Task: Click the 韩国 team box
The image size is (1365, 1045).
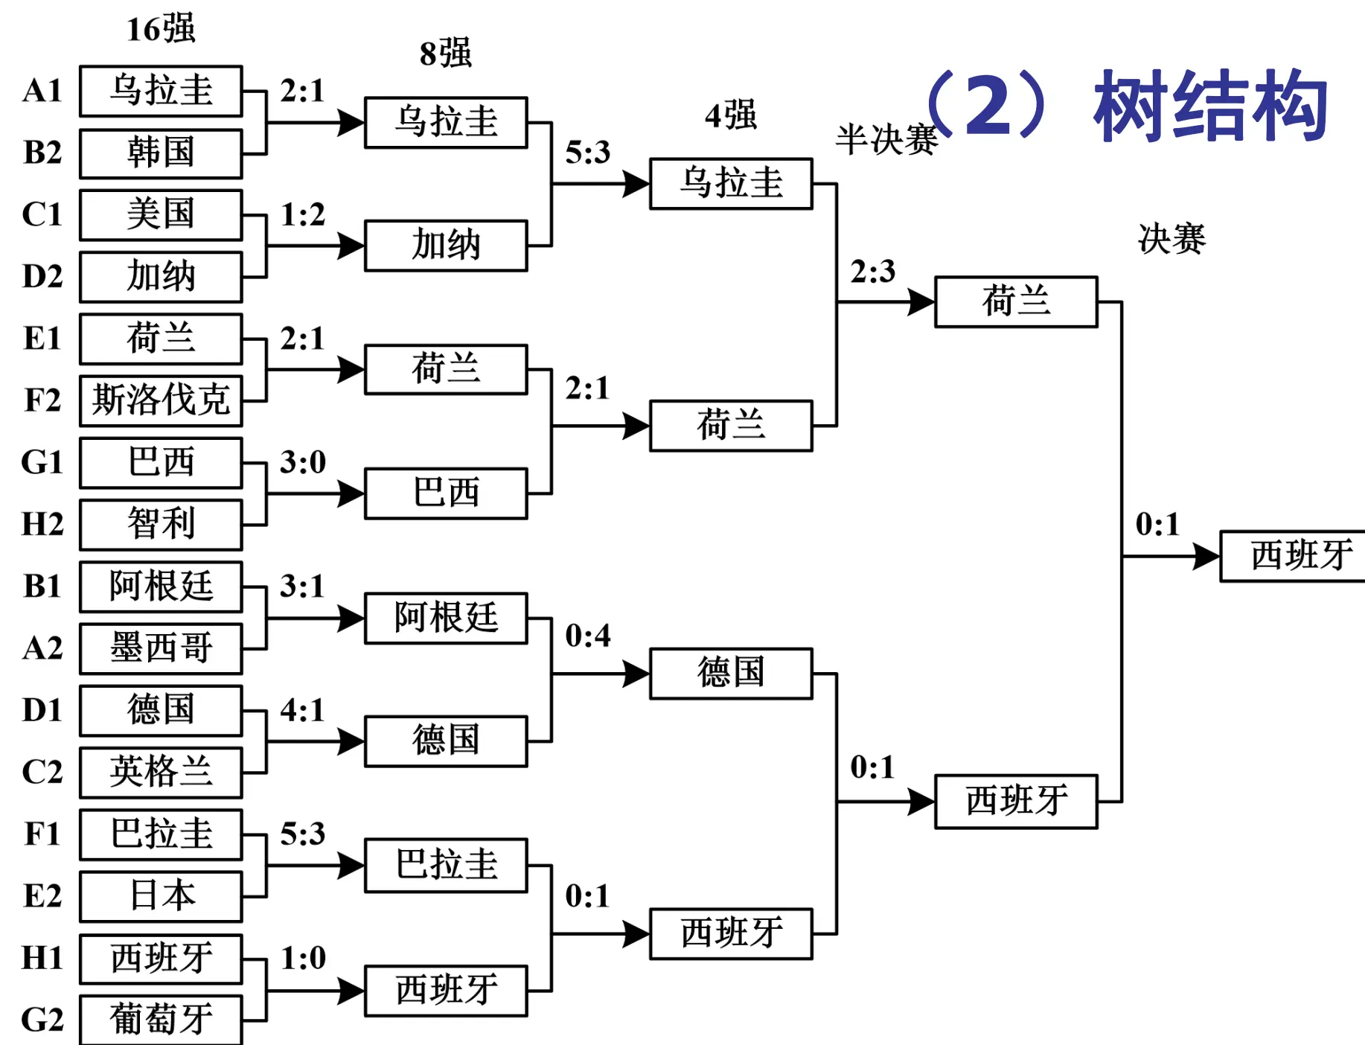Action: (161, 153)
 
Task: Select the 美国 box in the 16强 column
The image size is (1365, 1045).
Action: (161, 215)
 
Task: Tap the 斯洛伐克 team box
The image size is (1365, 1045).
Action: (161, 400)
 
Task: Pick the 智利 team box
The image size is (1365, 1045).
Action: (161, 524)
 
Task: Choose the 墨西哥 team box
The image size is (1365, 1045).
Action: (161, 648)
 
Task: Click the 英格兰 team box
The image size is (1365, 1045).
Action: (161, 772)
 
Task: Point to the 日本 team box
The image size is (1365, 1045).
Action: (161, 895)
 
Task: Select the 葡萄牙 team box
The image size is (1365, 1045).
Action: (161, 1019)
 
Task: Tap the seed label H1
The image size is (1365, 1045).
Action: (42, 958)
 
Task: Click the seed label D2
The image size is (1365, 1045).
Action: (42, 277)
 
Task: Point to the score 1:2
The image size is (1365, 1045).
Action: (303, 215)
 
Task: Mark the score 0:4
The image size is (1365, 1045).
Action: (587, 636)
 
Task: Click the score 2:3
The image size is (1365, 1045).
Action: (872, 272)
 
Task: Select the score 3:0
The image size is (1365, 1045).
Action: (303, 463)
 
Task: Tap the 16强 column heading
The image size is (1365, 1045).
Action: (161, 30)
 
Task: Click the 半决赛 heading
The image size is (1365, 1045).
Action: (886, 141)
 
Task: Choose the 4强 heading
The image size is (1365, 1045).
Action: (730, 116)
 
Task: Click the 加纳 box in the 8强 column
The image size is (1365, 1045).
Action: (446, 246)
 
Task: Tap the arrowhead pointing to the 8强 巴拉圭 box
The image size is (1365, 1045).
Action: (350, 866)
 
